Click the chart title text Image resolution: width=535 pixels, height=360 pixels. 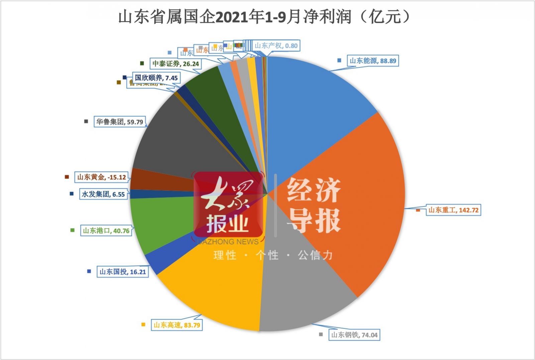click(x=264, y=17)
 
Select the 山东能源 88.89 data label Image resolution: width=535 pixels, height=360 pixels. click(x=373, y=61)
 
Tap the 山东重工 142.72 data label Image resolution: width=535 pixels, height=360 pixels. click(x=453, y=210)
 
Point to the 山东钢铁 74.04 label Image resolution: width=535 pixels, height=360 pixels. click(x=354, y=335)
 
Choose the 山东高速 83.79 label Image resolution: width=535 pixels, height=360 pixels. click(x=177, y=325)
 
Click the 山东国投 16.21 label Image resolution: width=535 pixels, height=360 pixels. click(x=123, y=272)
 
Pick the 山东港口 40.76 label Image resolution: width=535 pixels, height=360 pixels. click(x=106, y=231)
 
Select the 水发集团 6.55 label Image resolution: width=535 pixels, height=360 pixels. click(x=103, y=194)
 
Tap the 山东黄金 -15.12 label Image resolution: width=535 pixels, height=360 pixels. click(x=102, y=177)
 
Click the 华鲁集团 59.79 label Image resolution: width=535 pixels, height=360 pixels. click(x=120, y=122)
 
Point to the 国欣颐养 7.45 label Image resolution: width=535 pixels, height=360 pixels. click(x=156, y=78)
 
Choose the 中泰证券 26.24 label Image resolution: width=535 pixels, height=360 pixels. click(x=176, y=64)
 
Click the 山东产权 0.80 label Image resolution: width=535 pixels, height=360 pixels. click(x=276, y=46)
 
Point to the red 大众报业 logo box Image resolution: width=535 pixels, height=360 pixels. click(x=228, y=205)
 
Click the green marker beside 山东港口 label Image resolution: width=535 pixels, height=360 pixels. click(x=73, y=230)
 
